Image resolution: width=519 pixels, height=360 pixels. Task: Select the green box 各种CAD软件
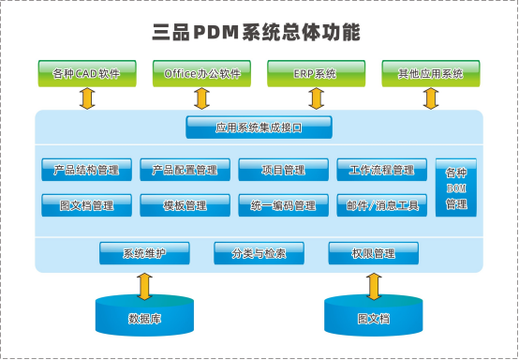tap(86, 72)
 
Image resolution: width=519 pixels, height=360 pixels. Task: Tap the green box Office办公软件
tap(200, 72)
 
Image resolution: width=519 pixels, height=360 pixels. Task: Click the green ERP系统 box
tap(315, 72)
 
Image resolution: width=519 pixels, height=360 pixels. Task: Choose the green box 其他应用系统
tap(429, 72)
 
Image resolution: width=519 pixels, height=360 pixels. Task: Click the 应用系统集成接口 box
tap(259, 126)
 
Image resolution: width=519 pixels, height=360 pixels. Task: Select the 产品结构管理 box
tap(86, 170)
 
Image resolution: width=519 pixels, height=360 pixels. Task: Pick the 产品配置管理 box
tap(185, 170)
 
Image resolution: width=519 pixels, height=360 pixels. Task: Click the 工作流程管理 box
tap(381, 170)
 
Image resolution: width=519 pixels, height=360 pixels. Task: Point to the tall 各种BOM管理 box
tap(456, 187)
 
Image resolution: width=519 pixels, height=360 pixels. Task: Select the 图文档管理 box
tap(86, 204)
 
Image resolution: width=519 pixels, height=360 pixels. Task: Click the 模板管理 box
tap(185, 204)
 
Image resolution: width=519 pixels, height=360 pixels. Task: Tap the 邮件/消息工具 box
tap(381, 204)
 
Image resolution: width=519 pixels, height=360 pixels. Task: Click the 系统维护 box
tap(144, 253)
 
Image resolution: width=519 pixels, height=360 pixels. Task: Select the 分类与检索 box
tap(259, 253)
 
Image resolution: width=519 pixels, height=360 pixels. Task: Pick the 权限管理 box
tap(372, 253)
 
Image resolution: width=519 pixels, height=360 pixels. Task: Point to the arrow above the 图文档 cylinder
tap(373, 284)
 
